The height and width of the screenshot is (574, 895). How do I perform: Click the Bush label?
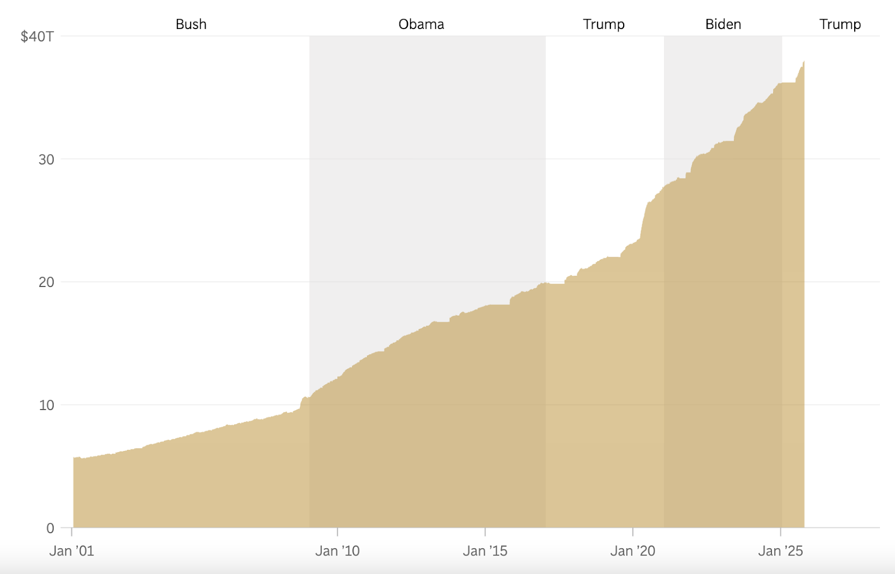pos(191,24)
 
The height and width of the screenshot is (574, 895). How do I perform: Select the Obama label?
pos(421,24)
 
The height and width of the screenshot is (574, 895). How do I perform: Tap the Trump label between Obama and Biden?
pos(604,24)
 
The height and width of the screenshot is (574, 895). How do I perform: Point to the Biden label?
pos(723,24)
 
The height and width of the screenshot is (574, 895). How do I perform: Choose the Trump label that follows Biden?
pos(840,24)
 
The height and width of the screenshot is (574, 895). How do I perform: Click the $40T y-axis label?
pos(37,37)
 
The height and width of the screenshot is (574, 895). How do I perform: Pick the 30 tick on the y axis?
pos(46,159)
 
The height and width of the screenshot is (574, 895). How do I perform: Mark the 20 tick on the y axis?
pos(46,282)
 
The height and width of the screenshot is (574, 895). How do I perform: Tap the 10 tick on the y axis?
pos(46,405)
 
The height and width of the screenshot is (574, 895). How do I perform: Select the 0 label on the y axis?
pos(50,528)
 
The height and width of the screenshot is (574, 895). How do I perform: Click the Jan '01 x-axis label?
pos(72,551)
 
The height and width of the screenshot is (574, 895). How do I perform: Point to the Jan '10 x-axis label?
pos(337,551)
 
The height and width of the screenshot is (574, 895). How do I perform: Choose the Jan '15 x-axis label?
pos(485,551)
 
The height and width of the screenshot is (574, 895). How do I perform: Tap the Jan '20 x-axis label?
pos(633,551)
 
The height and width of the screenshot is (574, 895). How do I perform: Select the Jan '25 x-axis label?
pos(780,551)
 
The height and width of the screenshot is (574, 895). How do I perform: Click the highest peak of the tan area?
pos(804,62)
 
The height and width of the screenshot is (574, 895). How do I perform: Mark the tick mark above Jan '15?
pos(485,531)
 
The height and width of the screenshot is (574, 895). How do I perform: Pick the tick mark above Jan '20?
pos(633,531)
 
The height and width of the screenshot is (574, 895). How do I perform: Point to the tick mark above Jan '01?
pos(72,531)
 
